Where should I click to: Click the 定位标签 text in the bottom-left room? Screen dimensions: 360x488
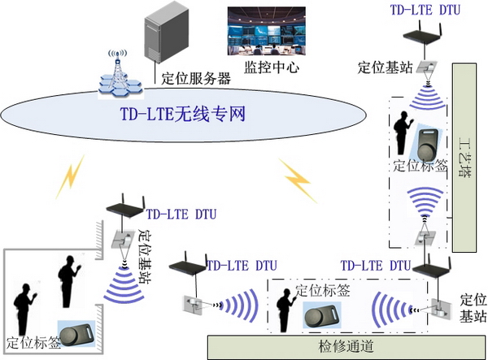(x=33, y=342)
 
